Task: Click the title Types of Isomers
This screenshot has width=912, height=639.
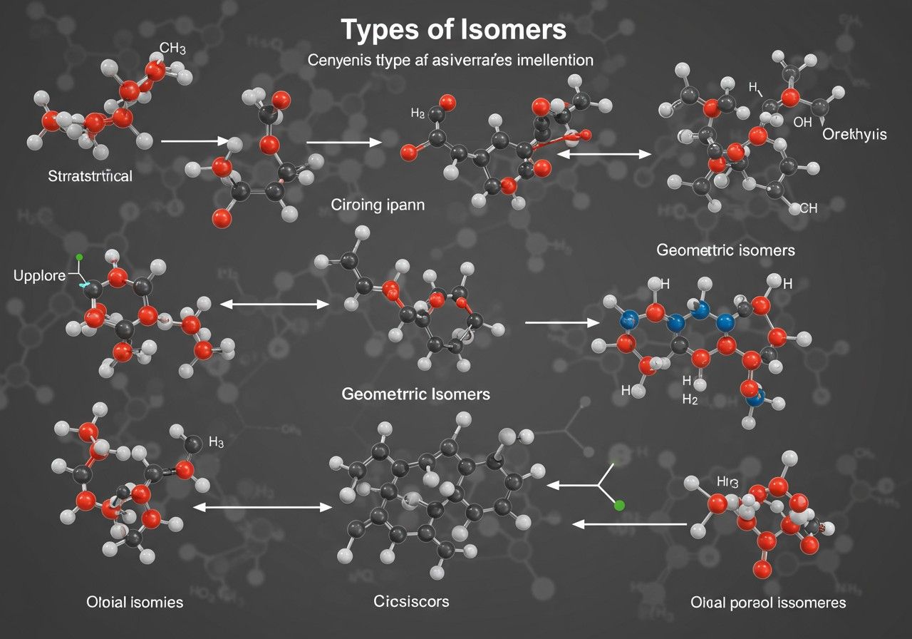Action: (454, 31)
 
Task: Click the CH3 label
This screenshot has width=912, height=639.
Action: (172, 49)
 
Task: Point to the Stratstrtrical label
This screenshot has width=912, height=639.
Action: (90, 175)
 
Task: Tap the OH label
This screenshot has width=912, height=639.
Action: (802, 122)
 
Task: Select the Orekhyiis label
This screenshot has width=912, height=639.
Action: (854, 134)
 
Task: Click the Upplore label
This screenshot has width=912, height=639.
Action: (39, 274)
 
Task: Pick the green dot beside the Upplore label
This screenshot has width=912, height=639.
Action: (79, 257)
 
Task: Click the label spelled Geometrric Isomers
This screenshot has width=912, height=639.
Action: (416, 394)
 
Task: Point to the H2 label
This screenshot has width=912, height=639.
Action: (690, 400)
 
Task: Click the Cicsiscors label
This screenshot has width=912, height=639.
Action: (412, 601)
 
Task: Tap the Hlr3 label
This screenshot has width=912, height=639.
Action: (725, 481)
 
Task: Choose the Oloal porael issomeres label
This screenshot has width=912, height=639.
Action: (769, 603)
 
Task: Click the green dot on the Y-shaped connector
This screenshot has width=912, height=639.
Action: (619, 505)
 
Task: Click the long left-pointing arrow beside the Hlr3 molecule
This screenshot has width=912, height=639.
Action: (630, 524)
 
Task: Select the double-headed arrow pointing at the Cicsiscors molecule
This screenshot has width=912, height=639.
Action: (263, 508)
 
